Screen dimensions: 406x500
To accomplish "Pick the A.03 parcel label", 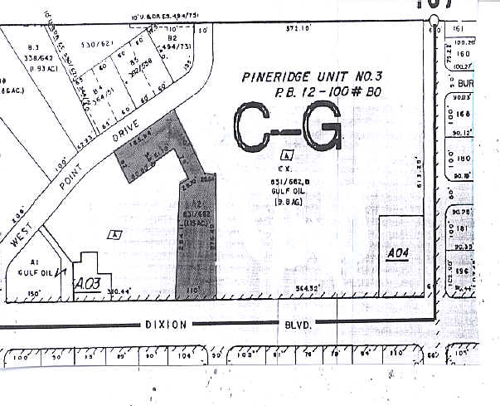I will click(x=86, y=283).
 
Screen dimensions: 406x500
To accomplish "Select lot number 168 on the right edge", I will click(x=463, y=115).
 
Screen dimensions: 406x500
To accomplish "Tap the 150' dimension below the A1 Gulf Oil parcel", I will click(x=34, y=293).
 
